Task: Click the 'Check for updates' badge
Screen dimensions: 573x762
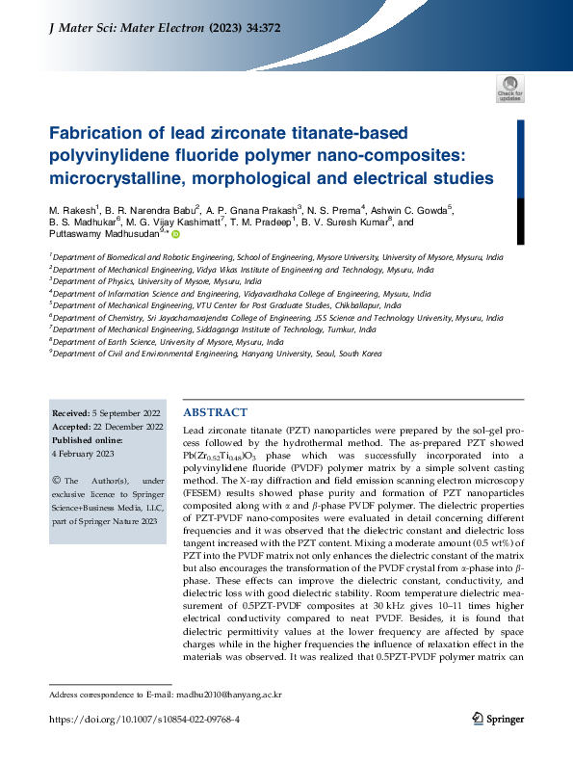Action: [510, 89]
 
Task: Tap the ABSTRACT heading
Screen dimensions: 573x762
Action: [215, 411]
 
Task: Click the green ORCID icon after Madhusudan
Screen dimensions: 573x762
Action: [176, 233]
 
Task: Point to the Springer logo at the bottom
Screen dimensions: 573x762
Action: [498, 718]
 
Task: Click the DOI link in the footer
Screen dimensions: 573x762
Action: [144, 719]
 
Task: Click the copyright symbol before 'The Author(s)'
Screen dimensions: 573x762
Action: [56, 480]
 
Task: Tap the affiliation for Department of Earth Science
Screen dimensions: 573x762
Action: [169, 341]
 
